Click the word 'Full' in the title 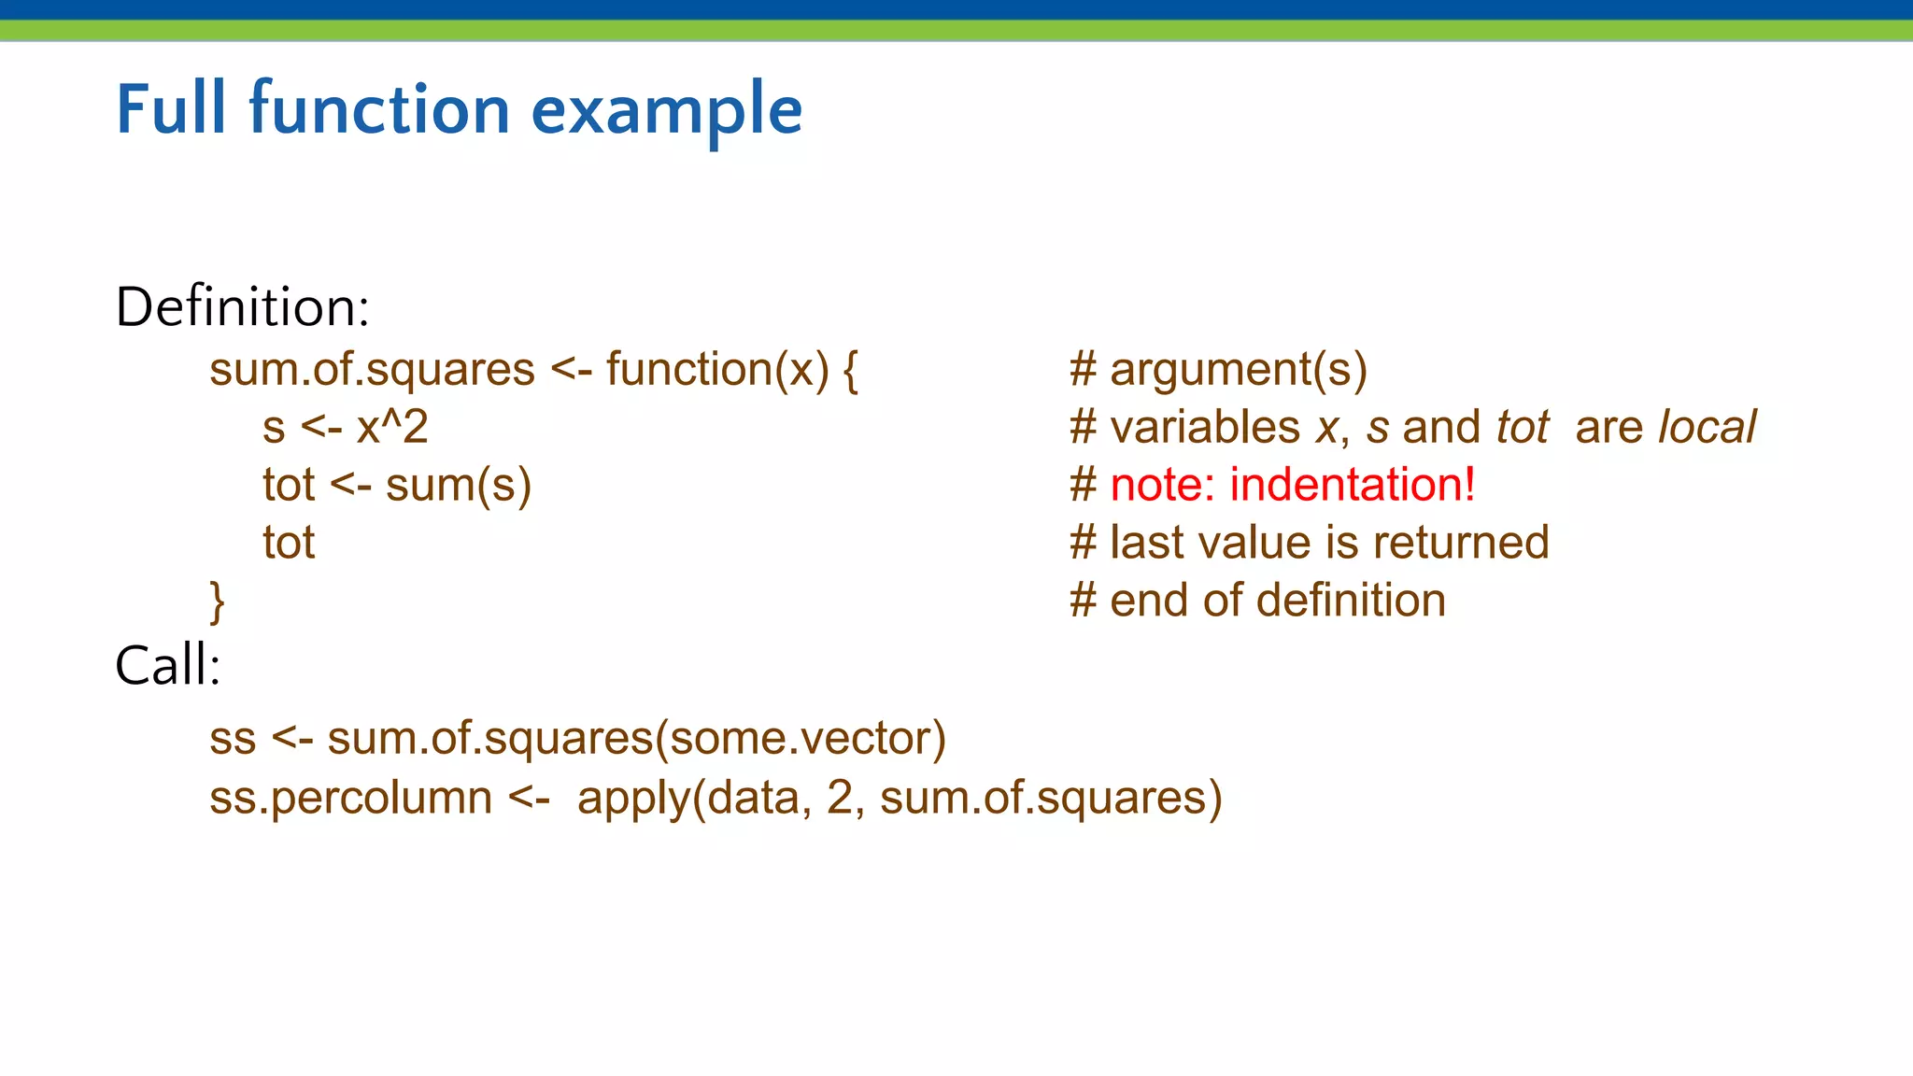[171, 109]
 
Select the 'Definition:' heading [242, 307]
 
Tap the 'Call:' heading [167, 666]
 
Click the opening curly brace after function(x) [850, 371]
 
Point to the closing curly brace [217, 602]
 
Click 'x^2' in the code [391, 428]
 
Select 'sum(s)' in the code [458, 486]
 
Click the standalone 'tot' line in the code [289, 543]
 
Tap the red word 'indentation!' [1352, 485]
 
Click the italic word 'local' [1707, 428]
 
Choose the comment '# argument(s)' [1218, 370]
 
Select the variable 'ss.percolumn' [350, 799]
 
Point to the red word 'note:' [1162, 485]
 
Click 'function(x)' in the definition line [716, 370]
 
